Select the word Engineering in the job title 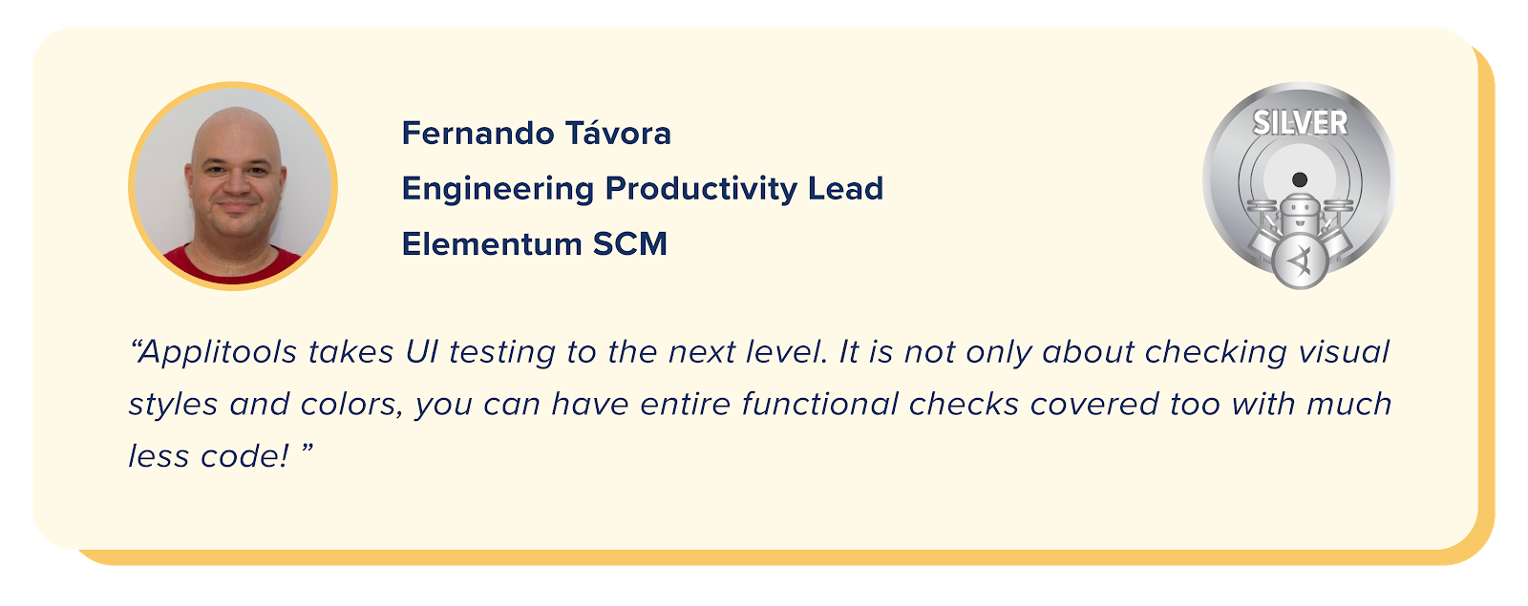[x=498, y=189]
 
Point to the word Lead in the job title [x=845, y=189]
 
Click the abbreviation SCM [x=629, y=244]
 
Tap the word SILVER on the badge [x=1300, y=123]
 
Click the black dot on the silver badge [x=1300, y=179]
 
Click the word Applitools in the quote [x=219, y=353]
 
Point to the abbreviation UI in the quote [x=421, y=352]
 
